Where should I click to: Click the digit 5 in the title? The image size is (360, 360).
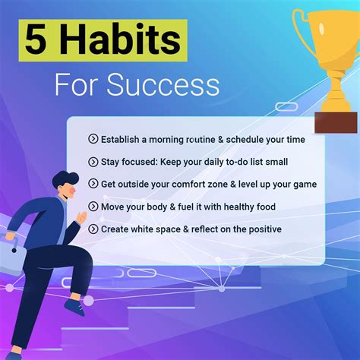point(36,39)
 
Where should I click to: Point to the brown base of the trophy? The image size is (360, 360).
point(335,122)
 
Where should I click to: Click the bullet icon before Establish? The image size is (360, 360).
point(93,139)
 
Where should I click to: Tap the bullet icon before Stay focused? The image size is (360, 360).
point(93,161)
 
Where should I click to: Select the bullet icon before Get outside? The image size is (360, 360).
point(93,184)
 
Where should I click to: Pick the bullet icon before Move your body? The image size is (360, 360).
point(93,206)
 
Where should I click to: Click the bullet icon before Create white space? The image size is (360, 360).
point(93,229)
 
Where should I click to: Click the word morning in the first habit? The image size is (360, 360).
point(171,139)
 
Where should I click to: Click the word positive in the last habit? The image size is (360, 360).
point(260,229)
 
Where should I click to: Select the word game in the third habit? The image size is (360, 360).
point(302,184)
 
